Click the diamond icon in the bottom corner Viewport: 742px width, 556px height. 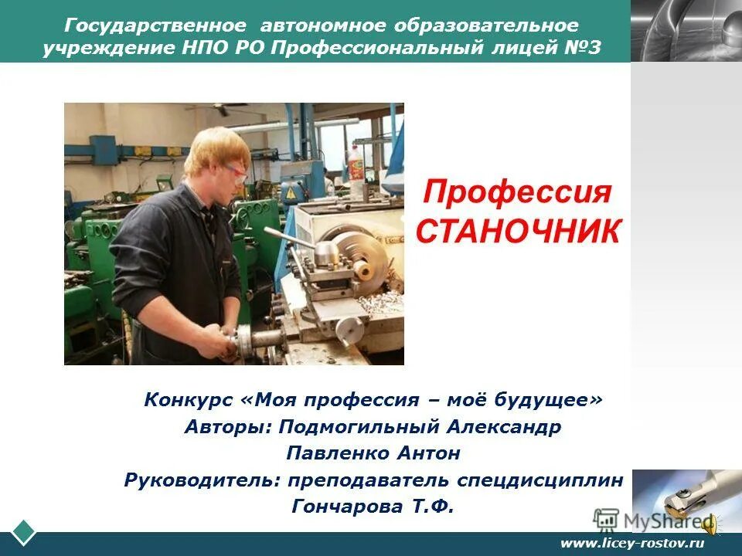[x=24, y=532]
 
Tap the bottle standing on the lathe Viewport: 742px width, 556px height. [x=356, y=164]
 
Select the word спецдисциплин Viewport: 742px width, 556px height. [x=540, y=480]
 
